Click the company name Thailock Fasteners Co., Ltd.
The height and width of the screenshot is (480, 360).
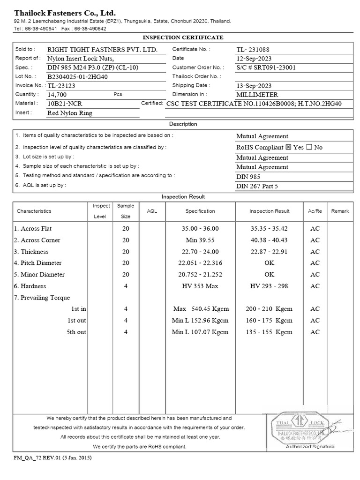(x=65, y=13)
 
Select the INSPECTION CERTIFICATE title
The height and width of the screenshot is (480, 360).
(x=182, y=37)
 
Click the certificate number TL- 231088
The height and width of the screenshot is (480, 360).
(x=253, y=49)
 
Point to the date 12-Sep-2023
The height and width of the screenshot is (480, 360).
(x=254, y=58)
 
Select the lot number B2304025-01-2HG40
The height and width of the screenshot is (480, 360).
(x=77, y=76)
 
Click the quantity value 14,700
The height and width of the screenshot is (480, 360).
(x=57, y=95)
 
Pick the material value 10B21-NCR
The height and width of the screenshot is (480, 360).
(x=65, y=104)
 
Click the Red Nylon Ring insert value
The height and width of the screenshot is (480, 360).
(x=70, y=113)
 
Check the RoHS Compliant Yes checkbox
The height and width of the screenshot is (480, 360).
(x=288, y=147)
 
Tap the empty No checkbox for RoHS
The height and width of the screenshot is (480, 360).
(x=309, y=147)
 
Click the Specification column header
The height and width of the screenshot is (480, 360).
(x=200, y=211)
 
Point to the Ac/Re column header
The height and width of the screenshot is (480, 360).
(x=315, y=211)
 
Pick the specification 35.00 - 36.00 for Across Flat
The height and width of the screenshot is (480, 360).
(x=200, y=229)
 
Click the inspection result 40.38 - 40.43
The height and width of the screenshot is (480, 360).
(x=270, y=240)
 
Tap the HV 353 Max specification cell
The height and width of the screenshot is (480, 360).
(x=200, y=286)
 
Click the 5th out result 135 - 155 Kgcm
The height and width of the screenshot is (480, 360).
(x=269, y=332)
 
